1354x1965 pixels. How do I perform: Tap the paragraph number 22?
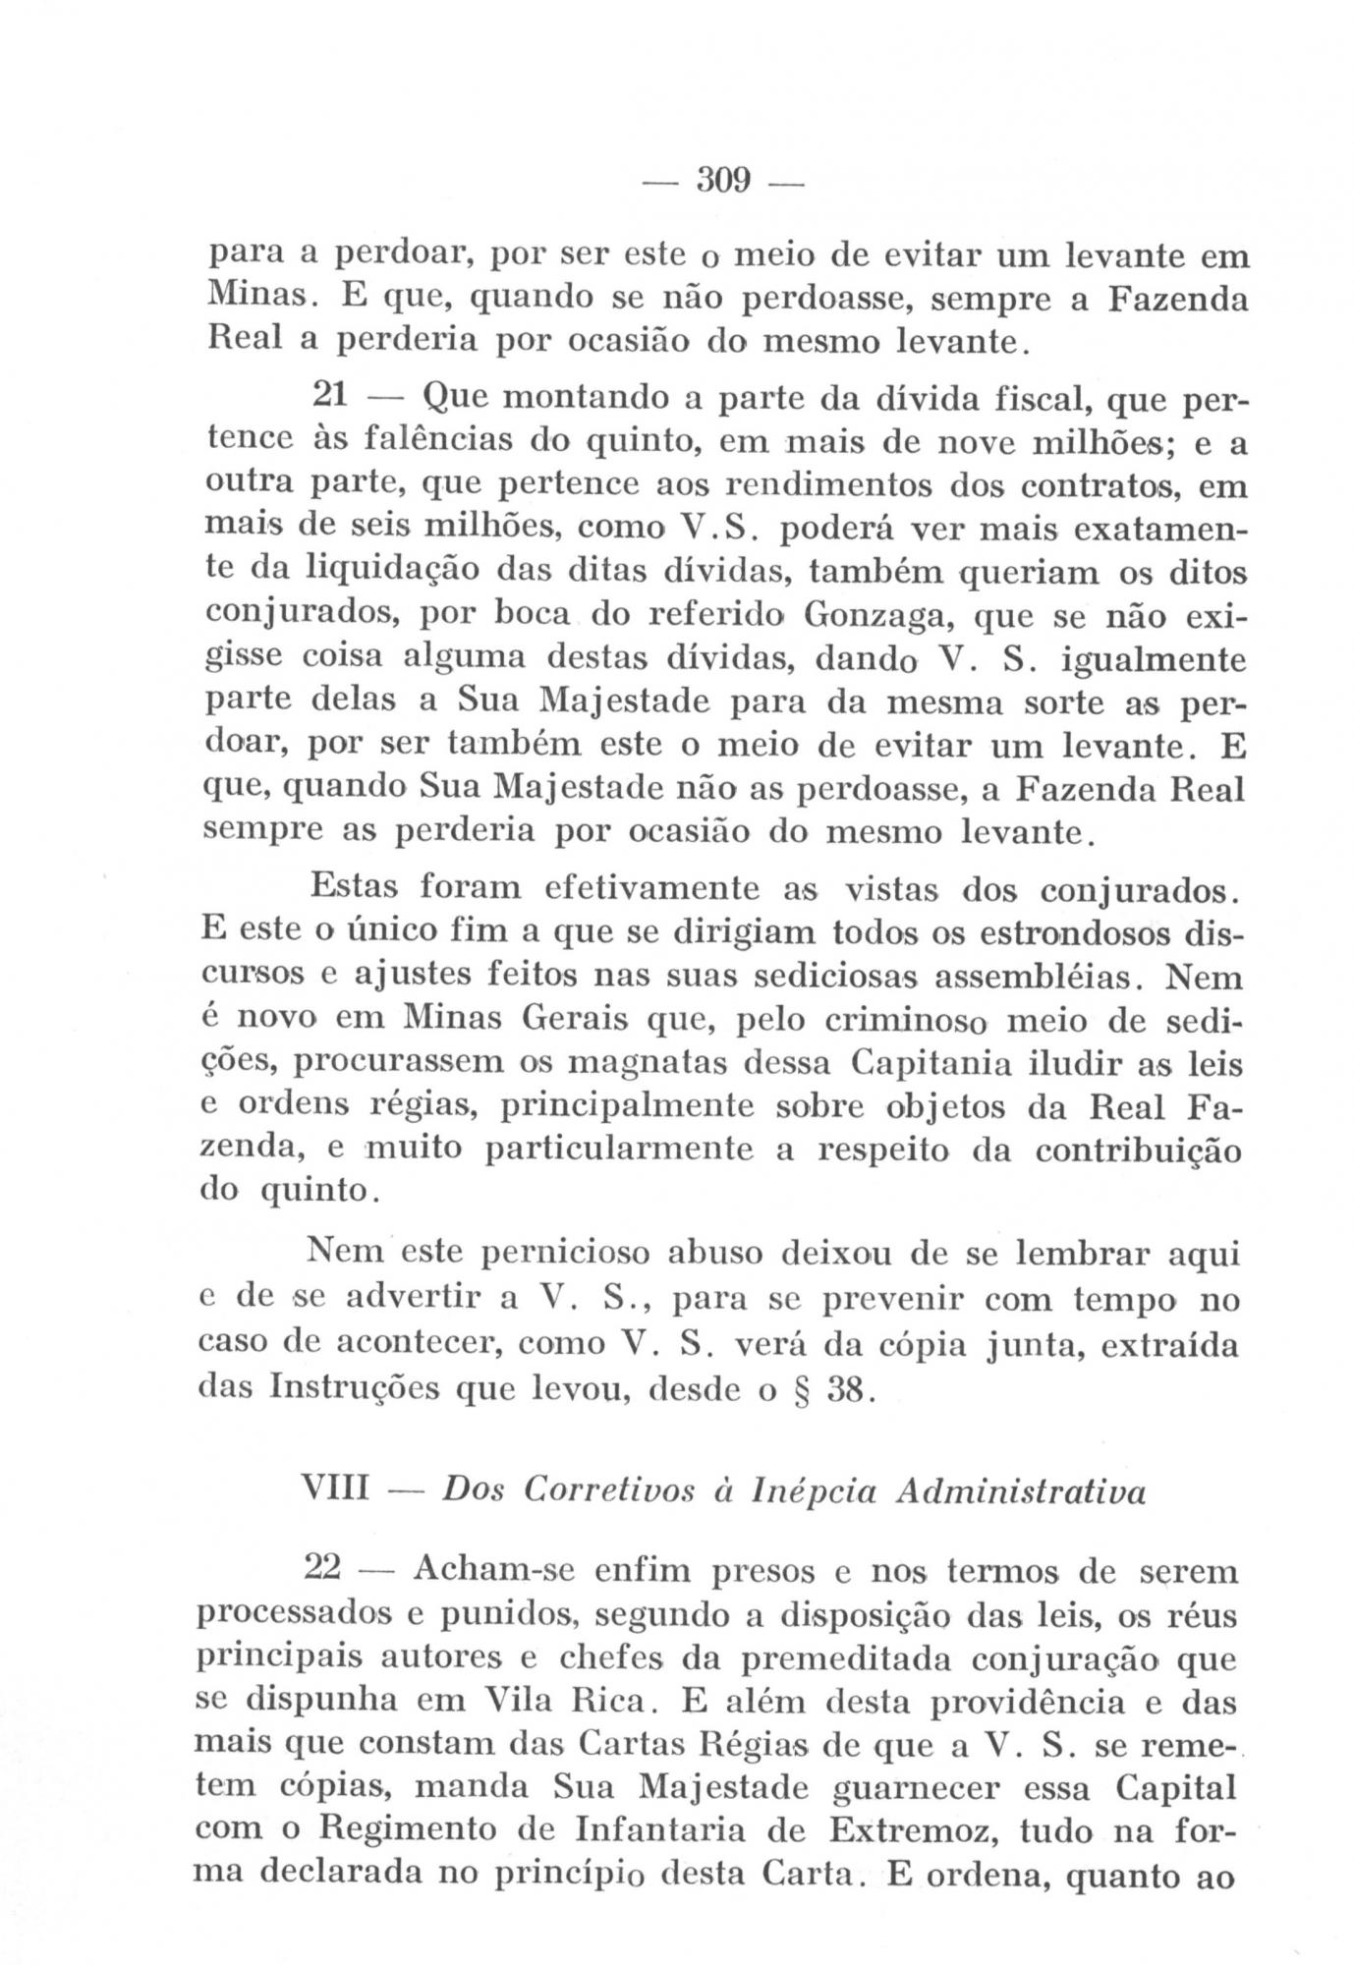click(x=323, y=1568)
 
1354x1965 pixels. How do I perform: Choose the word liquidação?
click(x=403, y=570)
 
